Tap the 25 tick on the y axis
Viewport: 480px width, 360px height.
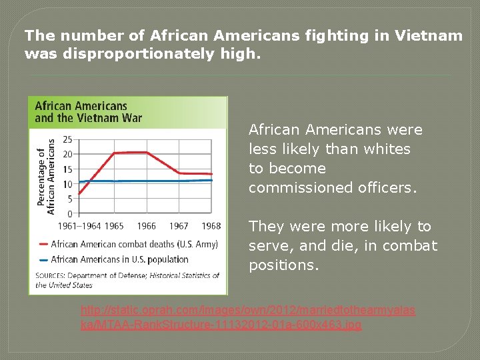point(67,140)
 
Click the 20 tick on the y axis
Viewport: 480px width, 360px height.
point(67,155)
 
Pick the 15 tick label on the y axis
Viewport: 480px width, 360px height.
point(67,169)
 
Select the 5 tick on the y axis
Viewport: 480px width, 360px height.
point(69,199)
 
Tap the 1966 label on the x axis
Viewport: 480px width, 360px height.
point(146,226)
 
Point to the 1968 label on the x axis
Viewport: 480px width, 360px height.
point(211,226)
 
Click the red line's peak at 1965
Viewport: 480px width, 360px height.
point(114,153)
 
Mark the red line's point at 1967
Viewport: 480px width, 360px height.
point(179,173)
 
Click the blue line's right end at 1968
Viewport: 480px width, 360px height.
point(211,180)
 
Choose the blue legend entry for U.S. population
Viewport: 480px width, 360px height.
point(119,259)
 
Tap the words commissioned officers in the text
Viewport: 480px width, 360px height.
point(333,188)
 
